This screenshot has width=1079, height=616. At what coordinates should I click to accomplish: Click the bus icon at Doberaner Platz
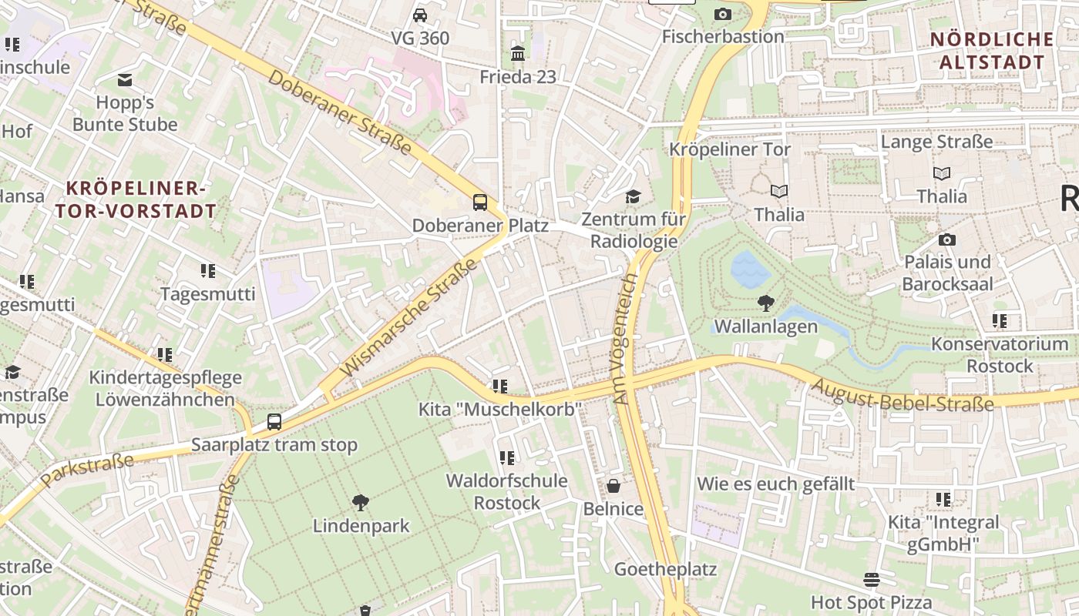click(480, 203)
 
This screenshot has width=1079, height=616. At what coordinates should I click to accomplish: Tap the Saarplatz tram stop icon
click(274, 422)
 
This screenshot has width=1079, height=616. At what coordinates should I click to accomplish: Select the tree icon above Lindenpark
click(360, 504)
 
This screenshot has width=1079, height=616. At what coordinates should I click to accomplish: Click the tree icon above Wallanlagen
click(765, 303)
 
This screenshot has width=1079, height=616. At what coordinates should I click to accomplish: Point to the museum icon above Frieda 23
click(518, 54)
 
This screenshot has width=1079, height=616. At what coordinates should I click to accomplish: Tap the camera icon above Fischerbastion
click(722, 14)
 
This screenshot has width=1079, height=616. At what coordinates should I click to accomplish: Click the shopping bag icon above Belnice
click(613, 486)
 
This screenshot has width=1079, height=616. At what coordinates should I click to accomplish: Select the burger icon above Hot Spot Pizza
click(872, 579)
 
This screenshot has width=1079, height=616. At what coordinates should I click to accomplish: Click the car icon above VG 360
click(420, 15)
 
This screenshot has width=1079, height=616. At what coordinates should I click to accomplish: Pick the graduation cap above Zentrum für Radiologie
click(633, 197)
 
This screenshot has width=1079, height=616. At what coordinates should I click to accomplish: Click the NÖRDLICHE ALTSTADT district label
click(992, 51)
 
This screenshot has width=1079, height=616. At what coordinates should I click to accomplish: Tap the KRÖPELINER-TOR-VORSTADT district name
click(136, 199)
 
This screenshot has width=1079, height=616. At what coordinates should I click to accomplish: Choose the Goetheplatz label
click(665, 570)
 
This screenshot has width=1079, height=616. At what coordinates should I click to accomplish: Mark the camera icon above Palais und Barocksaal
click(947, 240)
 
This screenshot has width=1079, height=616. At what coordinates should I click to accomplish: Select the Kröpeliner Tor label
click(730, 149)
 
